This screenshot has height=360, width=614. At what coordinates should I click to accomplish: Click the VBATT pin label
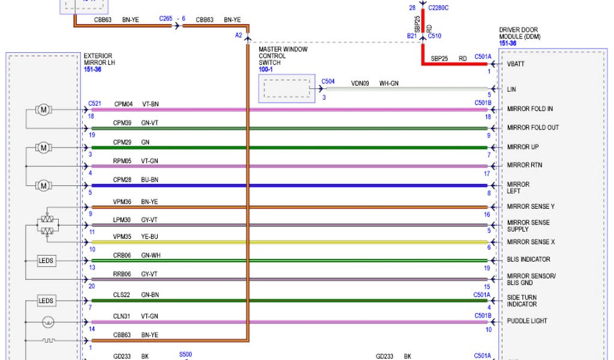(x=516, y=64)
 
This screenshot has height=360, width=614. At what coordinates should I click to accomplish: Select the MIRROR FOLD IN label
(x=529, y=109)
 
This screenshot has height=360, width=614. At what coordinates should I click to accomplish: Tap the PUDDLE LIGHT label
(x=526, y=321)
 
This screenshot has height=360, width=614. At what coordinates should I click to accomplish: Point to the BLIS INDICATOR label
(x=528, y=260)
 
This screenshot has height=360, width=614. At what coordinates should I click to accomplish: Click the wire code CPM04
(x=123, y=104)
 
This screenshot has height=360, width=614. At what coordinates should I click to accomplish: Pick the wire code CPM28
(x=123, y=179)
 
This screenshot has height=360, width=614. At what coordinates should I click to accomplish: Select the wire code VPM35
(x=123, y=236)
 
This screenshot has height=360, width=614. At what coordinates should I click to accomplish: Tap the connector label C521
(x=95, y=104)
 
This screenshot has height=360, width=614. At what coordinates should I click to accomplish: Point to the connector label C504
(x=328, y=81)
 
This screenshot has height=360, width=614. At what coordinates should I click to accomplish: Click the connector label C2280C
(x=438, y=8)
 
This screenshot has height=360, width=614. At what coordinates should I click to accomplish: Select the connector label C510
(x=435, y=36)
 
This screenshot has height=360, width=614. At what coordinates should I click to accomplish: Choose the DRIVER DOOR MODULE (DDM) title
(x=519, y=33)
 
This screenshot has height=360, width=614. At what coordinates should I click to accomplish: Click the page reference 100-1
(x=265, y=70)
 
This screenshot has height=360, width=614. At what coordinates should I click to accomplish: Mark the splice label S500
(x=186, y=355)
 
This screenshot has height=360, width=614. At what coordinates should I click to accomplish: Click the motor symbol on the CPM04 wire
(x=44, y=110)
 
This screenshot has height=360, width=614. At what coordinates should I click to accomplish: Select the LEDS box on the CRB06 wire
(x=46, y=262)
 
